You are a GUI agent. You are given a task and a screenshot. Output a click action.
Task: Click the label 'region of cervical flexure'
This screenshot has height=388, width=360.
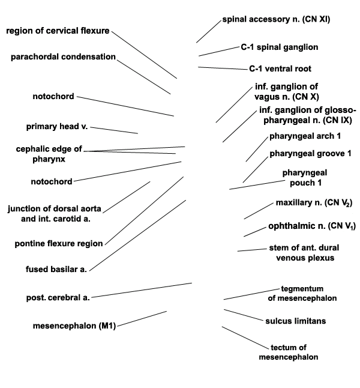58,31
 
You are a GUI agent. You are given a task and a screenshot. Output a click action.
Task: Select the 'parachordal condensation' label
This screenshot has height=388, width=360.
63,57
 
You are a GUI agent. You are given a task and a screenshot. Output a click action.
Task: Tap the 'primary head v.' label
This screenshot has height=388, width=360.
57,127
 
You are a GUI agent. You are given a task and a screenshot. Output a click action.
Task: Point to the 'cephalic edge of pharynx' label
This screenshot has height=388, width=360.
49,154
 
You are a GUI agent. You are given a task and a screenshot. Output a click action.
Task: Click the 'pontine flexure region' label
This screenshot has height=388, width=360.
59,243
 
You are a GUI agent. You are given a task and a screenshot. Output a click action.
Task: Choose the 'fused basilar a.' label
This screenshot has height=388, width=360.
56,269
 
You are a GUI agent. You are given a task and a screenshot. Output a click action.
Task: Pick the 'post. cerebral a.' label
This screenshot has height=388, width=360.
58,297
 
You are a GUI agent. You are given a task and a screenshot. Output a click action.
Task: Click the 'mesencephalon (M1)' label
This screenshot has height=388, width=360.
74,326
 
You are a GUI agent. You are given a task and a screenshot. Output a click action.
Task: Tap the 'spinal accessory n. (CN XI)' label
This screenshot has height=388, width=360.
276,19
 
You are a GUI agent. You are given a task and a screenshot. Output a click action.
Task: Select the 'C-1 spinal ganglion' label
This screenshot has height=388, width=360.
280,47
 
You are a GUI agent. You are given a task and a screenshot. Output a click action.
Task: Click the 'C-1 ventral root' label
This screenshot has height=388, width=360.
280,68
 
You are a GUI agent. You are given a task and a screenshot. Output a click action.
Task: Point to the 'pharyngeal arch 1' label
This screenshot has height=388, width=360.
305,136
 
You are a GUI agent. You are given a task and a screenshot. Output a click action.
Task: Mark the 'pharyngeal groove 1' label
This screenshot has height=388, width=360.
310,154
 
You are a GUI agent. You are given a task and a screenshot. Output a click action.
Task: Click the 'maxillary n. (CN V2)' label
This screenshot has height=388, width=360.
314,202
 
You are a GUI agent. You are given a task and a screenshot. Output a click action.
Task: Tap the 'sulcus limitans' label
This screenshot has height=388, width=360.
296,321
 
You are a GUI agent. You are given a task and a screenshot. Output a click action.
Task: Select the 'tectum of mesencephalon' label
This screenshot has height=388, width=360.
289,353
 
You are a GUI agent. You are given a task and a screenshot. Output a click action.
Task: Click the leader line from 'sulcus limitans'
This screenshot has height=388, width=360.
244,315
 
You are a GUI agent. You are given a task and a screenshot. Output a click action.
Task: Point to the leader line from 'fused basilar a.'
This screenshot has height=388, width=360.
137,235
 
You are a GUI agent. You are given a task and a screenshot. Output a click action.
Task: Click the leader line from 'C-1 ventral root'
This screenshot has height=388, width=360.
223,68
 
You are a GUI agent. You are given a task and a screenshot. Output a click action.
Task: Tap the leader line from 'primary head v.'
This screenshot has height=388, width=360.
114,130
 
